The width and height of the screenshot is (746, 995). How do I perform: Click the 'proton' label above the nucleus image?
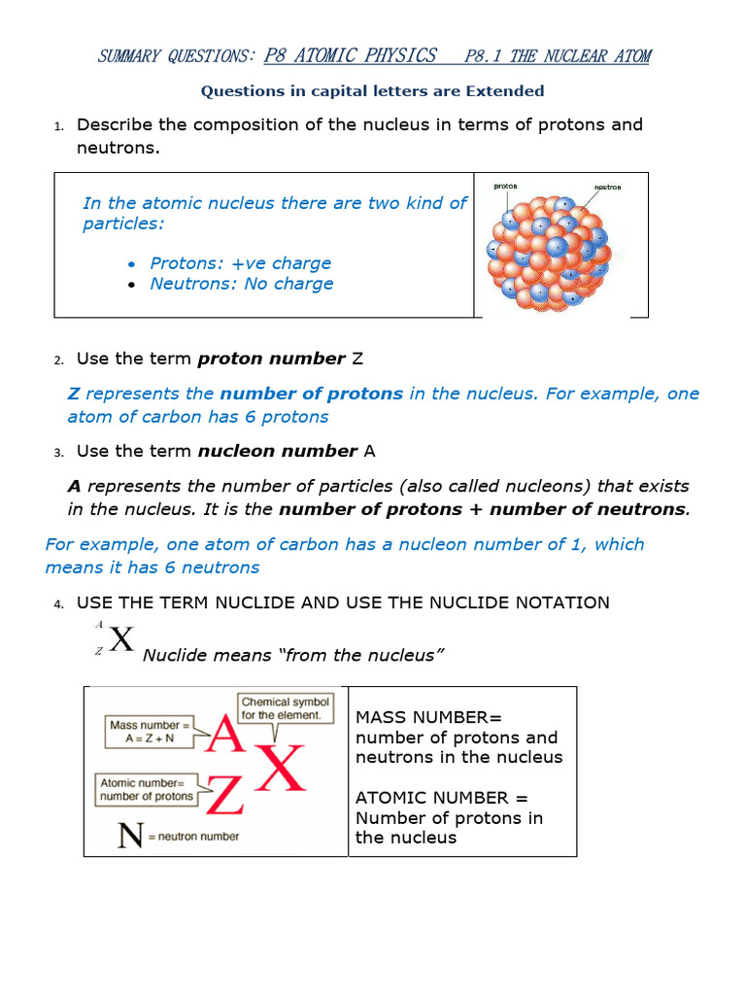click(x=505, y=186)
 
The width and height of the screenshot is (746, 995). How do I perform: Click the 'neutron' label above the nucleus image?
click(x=607, y=187)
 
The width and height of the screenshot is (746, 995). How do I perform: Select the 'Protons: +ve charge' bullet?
click(x=240, y=263)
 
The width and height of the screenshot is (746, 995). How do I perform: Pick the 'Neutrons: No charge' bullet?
click(x=241, y=284)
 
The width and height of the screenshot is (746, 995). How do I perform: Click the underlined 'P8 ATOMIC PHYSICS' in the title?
click(x=350, y=55)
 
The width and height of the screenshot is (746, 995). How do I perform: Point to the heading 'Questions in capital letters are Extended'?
click(x=372, y=91)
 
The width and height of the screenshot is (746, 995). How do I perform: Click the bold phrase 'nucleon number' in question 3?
click(x=277, y=451)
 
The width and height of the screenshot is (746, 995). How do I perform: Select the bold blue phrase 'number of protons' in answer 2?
click(x=311, y=394)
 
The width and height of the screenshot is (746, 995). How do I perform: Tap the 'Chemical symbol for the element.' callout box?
click(x=286, y=708)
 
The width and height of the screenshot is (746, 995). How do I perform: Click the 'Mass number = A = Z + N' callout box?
click(x=149, y=732)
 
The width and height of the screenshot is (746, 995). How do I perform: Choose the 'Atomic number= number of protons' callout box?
click(x=146, y=789)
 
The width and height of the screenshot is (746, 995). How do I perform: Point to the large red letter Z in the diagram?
click(x=223, y=795)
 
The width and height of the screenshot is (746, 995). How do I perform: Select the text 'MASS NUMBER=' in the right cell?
click(x=428, y=717)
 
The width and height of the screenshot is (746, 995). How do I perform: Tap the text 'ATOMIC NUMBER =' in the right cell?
click(x=442, y=798)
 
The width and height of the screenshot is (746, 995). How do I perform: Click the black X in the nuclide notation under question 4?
click(x=120, y=640)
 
